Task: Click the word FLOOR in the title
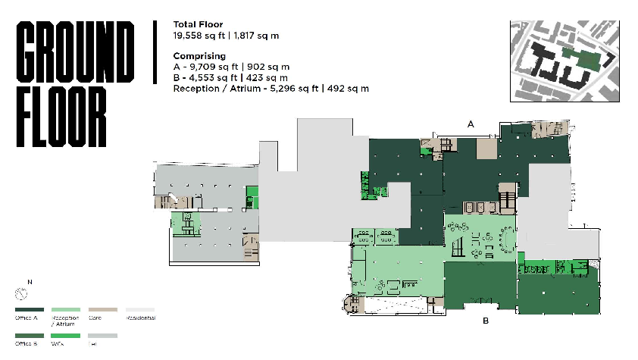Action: point(62,118)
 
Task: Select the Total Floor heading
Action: point(198,24)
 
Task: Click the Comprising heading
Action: point(199,56)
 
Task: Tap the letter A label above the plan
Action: point(471,123)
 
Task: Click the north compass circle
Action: point(21,293)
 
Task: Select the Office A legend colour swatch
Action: point(30,309)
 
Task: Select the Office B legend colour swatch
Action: point(30,335)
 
